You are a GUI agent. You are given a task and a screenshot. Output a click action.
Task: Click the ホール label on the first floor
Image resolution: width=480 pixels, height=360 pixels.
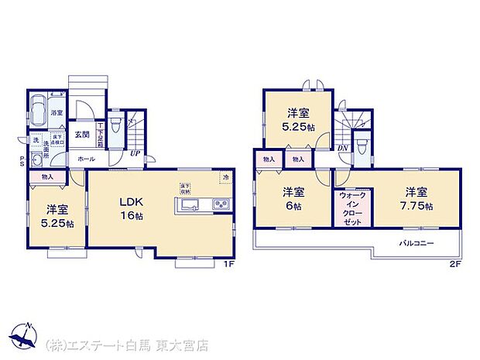tap(85, 159)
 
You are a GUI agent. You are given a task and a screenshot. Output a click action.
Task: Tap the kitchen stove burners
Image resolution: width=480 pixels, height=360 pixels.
tap(220, 205)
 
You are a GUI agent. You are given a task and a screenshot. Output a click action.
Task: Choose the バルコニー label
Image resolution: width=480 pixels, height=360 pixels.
tap(417, 243)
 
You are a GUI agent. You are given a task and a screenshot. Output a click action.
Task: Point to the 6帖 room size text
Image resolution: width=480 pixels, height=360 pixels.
tap(292, 207)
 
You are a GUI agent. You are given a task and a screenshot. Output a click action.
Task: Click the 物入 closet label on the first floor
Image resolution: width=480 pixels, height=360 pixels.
tap(47, 177)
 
